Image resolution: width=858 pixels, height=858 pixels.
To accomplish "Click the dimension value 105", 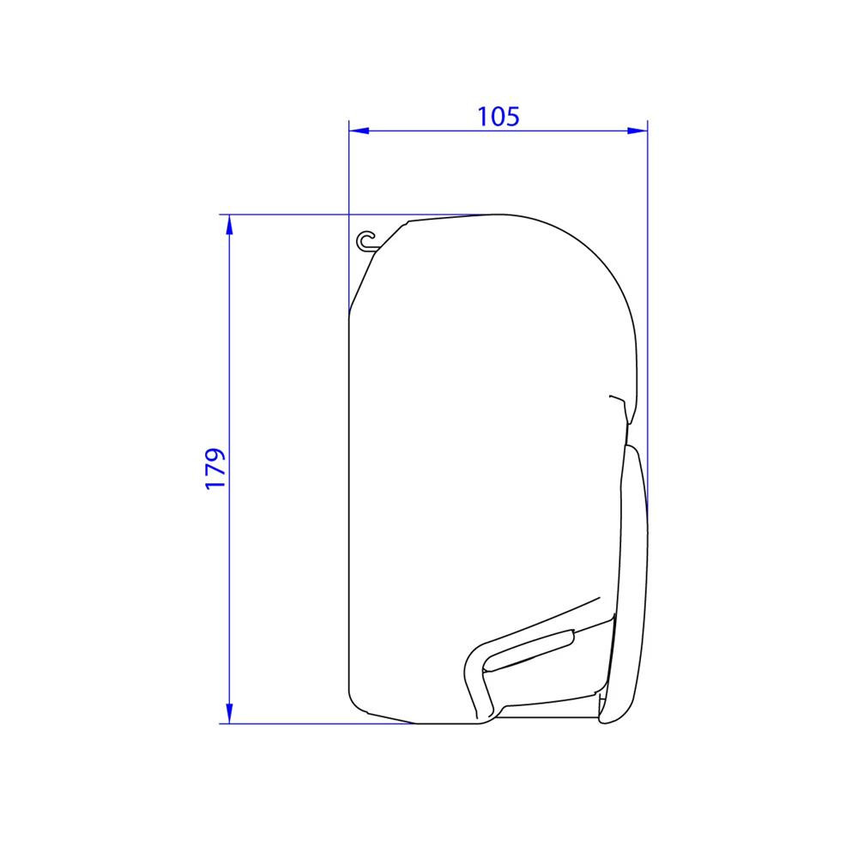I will coord(498,117).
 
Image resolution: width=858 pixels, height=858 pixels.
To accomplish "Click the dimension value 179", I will coord(215,468).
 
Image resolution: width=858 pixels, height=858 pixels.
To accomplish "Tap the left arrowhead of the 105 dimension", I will coord(358,131).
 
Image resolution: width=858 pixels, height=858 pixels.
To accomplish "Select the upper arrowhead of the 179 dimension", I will coord(229,224).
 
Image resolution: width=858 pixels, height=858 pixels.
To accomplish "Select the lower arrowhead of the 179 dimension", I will coord(229,713).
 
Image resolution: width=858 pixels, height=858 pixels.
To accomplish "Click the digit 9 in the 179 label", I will coord(215,455).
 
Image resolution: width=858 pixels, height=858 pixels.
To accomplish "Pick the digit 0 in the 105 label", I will coord(498,117).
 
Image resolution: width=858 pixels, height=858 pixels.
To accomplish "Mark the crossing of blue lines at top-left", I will coord(349,214).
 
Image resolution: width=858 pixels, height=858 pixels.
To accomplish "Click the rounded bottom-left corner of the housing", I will coord(353,699).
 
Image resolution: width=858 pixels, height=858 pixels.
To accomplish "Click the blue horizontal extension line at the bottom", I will coord(317,723).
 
